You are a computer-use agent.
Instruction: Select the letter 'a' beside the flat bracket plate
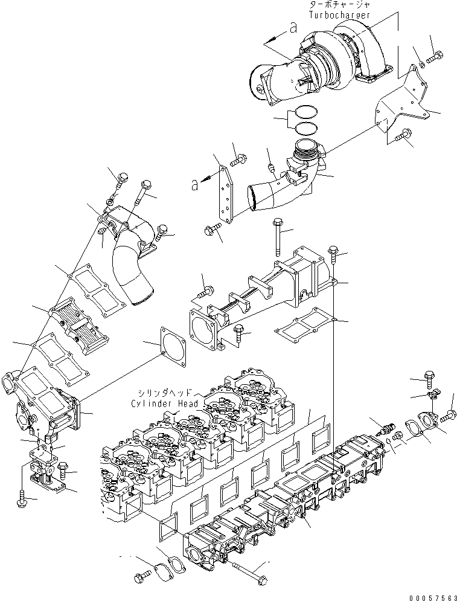[x=194, y=185]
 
